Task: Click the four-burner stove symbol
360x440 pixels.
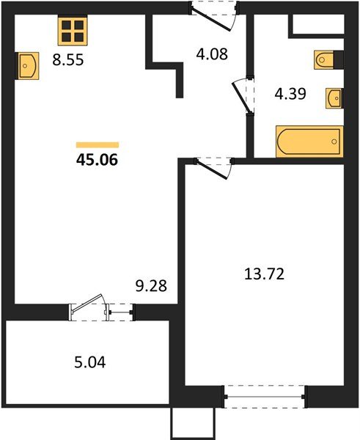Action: click(72, 31)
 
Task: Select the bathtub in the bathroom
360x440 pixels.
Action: click(309, 140)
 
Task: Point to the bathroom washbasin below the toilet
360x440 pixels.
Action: click(334, 98)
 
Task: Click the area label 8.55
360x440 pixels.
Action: click(67, 62)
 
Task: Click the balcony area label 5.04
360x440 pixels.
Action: click(89, 362)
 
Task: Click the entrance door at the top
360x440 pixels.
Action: click(214, 12)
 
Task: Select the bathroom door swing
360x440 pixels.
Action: click(243, 95)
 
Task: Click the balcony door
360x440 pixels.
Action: click(100, 309)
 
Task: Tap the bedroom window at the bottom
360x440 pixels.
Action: click(263, 396)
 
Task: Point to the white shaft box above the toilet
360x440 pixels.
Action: click(317, 24)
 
